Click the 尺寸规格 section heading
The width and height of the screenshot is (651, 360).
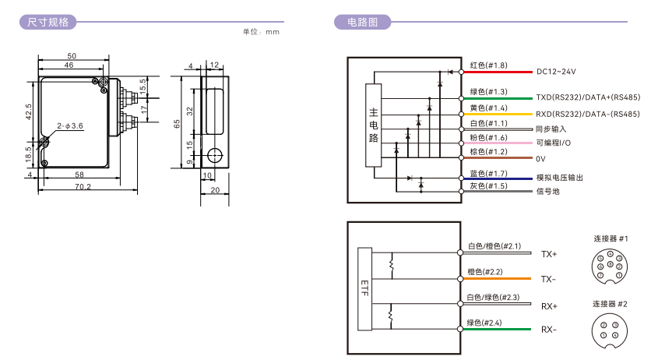point(48,22)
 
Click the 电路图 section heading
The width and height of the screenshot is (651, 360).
point(357,22)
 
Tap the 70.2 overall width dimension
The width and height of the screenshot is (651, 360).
point(83,186)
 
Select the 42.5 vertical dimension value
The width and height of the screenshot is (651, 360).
point(29,111)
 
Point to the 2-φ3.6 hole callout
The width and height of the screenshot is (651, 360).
point(70,125)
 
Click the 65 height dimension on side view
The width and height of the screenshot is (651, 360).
point(177,123)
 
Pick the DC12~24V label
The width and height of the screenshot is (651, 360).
point(556,72)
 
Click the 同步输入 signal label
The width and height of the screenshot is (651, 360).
point(551,129)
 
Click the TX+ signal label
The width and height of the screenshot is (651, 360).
point(549,254)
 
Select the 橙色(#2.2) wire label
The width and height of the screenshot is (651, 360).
point(484,272)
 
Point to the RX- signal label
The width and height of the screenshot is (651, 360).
point(549,329)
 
